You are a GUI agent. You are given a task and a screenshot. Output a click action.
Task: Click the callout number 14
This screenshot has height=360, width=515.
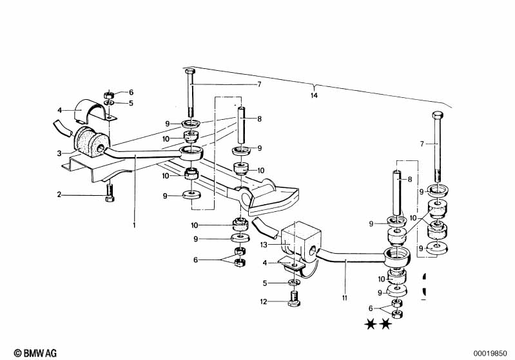tap(314, 95)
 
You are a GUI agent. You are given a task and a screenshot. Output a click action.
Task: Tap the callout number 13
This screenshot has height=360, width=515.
tap(264, 245)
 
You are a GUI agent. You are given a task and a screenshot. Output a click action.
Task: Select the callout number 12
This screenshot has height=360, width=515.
tap(264, 301)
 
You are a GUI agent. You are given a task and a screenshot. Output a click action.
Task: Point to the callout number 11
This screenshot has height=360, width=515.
tap(345, 298)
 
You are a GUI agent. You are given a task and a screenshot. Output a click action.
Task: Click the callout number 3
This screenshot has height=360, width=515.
tap(59, 153)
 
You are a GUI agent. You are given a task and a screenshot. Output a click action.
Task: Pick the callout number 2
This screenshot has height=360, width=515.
tap(59, 194)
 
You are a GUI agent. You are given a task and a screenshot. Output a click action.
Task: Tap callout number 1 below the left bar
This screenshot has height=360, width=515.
tap(134, 225)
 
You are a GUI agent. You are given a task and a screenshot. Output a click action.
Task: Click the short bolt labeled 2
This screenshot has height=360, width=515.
tap(110, 193)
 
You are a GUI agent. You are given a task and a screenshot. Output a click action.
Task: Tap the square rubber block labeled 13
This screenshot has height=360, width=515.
tap(300, 243)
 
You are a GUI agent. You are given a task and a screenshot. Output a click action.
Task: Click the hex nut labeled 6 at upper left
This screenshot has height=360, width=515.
tap(109, 95)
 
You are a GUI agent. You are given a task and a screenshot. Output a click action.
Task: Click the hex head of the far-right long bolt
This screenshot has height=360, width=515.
tap(438, 115)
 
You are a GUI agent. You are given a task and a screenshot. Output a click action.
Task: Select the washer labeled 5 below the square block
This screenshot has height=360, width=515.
tap(294, 282)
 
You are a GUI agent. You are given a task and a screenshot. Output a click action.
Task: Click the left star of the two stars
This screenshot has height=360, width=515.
tap(371, 324)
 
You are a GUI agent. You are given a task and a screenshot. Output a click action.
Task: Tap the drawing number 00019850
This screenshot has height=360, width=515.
tap(490, 354)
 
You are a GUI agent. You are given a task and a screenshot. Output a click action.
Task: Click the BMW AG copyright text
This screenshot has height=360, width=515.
tap(35, 353)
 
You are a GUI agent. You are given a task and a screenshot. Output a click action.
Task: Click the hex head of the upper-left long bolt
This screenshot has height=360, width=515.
tap(190, 72)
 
